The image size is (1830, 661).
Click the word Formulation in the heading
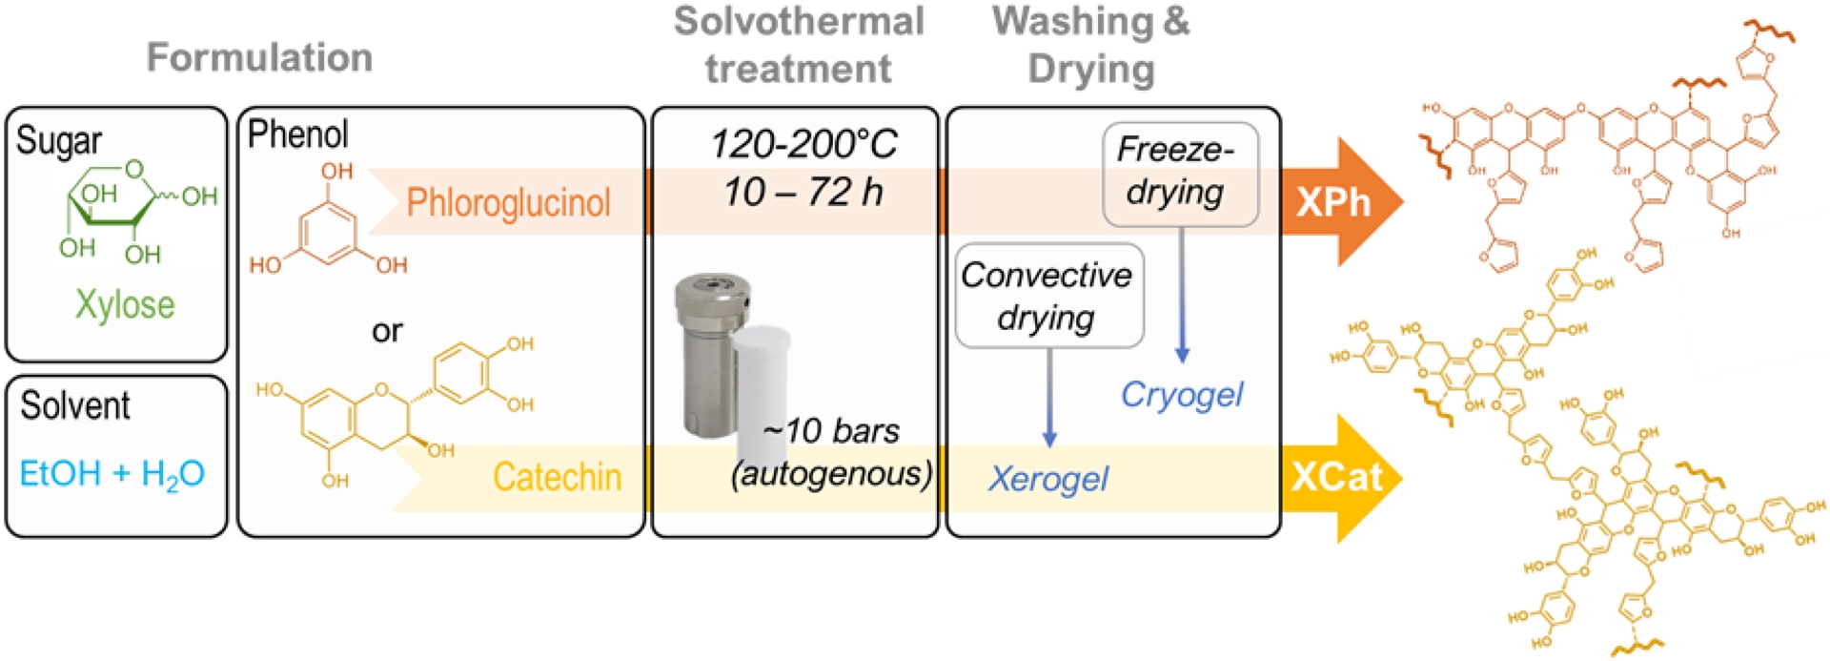point(259,58)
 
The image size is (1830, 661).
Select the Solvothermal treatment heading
point(799,46)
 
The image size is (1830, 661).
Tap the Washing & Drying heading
point(1091,46)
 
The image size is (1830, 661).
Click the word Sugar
point(59,140)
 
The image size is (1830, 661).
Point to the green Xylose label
point(125,305)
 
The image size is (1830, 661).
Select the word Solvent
point(75,405)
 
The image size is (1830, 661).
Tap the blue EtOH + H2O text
point(112,474)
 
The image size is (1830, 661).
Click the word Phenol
point(297,134)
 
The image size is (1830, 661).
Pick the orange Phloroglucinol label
point(508,203)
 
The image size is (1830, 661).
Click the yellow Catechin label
point(557,477)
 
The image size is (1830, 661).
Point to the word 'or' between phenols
point(387,331)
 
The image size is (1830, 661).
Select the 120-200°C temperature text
point(803,145)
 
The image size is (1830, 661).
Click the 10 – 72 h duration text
point(803,193)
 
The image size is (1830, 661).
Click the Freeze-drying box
point(1180,174)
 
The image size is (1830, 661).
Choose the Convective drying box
point(1048,296)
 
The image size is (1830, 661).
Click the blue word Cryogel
point(1182,395)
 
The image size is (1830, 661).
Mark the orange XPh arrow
point(1339,202)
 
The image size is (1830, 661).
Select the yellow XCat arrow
point(1339,477)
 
